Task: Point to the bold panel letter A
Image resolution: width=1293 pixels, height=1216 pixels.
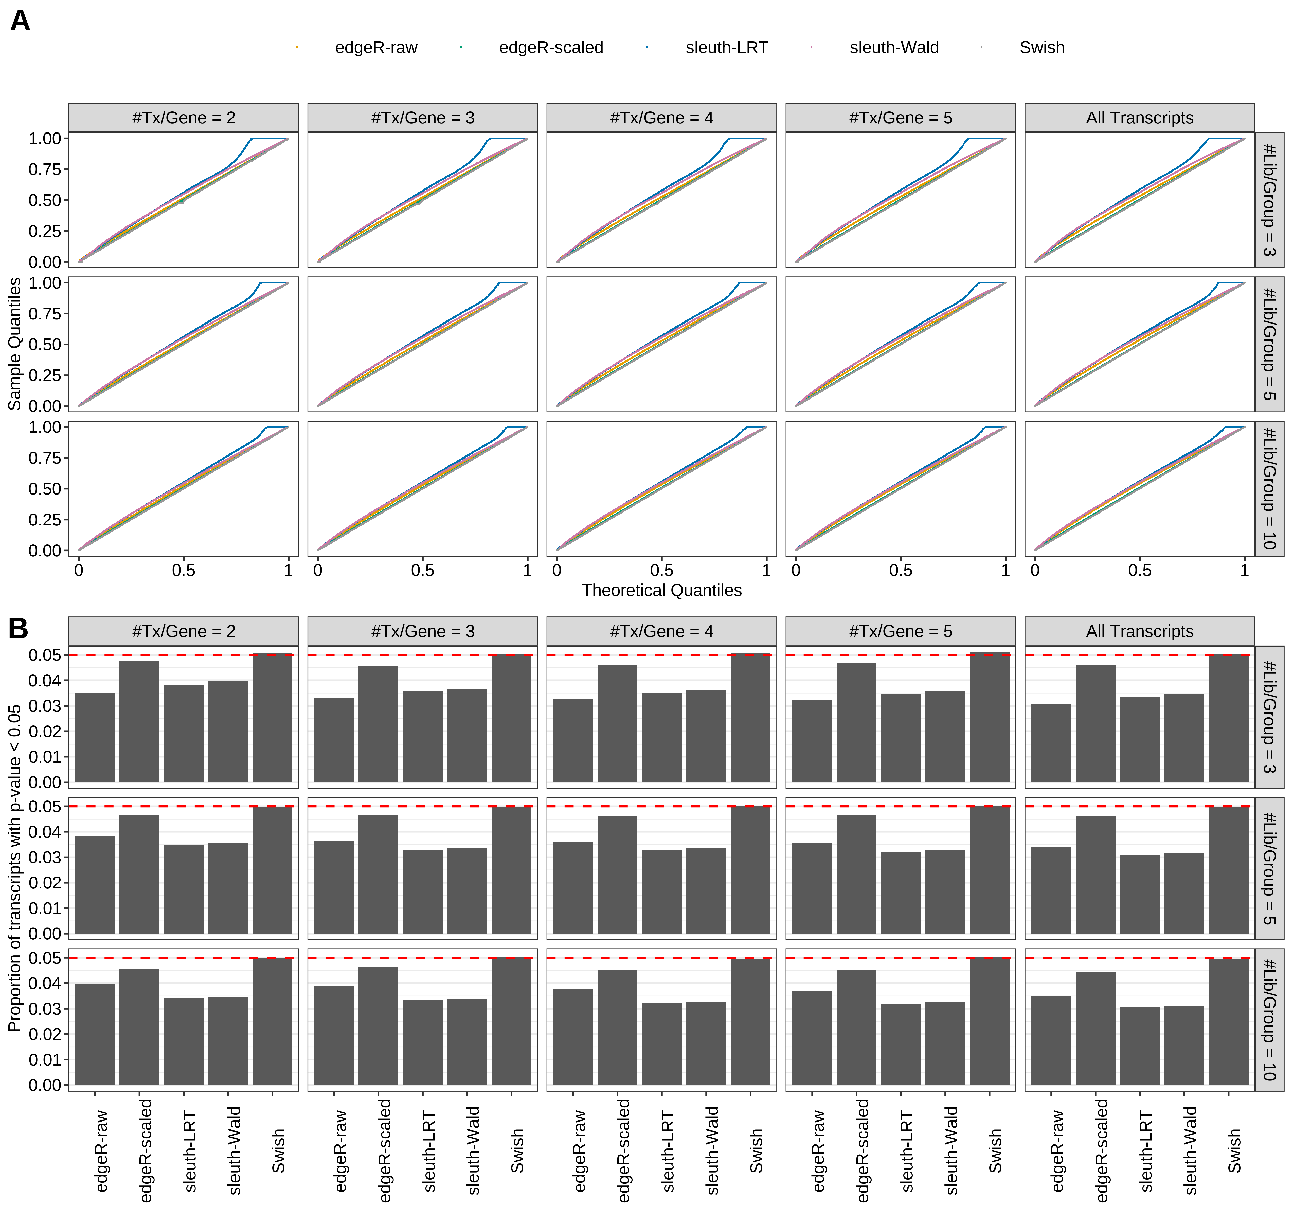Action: [x=20, y=22]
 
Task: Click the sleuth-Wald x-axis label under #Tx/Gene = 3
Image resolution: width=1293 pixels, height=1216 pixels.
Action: [x=473, y=1150]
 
